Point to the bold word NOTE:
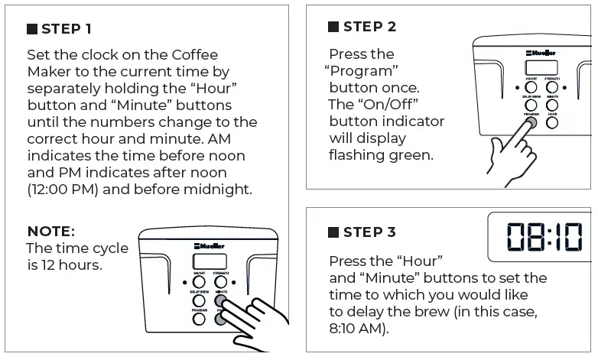click(x=50, y=231)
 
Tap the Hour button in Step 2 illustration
click(x=551, y=122)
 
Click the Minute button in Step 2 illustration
click(x=551, y=105)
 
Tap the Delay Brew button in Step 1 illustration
click(x=200, y=301)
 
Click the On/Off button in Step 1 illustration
click(x=200, y=283)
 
